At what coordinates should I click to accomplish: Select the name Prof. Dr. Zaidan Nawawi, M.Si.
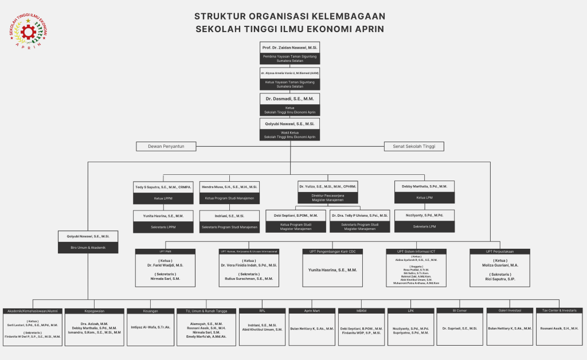coord(289,47)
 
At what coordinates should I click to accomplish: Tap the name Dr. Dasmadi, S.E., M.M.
coord(289,99)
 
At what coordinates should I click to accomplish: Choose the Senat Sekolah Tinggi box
coord(413,146)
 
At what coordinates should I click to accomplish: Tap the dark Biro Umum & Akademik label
coord(88,248)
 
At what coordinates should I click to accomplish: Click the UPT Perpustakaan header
coord(499,252)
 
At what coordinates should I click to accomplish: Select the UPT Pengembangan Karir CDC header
coord(332,252)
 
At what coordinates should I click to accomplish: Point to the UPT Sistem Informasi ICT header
coord(416,252)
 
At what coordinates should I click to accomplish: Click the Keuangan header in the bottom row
coord(150,311)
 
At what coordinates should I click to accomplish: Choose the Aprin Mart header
coord(312,311)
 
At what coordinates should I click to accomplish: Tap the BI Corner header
coord(460,311)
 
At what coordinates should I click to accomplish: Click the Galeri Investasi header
coord(509,311)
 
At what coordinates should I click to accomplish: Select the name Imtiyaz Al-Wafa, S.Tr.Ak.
coord(151,327)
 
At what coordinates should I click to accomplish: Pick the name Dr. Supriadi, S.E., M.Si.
coord(460,328)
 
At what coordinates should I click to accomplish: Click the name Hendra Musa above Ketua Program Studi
coord(229,187)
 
